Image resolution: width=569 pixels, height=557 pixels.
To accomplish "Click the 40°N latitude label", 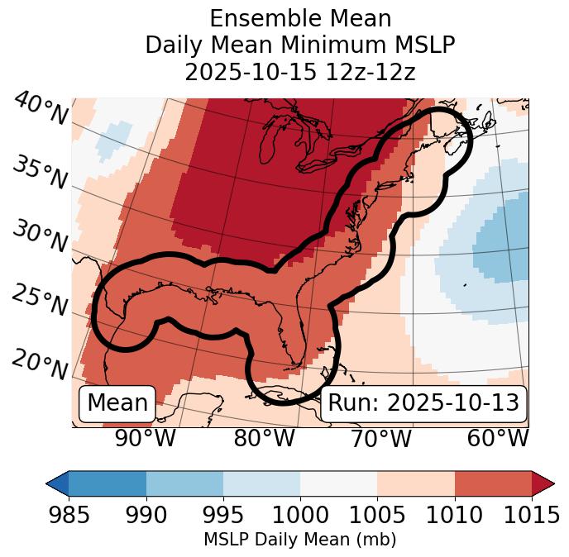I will point(40,110).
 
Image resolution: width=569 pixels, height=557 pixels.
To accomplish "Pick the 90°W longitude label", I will point(145,439).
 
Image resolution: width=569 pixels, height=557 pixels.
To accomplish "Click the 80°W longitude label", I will point(264,439).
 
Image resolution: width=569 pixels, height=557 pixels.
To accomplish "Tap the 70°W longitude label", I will point(380,439).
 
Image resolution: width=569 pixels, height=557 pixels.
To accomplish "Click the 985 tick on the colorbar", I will point(69,515).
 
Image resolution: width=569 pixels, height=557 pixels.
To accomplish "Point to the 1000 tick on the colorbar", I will point(300,515).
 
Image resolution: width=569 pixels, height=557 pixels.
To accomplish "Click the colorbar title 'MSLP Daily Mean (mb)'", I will point(299,540).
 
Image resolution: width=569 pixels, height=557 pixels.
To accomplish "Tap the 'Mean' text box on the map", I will point(117,403).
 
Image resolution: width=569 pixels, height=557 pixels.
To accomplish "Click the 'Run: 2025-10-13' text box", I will point(423,403).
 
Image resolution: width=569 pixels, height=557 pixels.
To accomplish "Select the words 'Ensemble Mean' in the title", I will point(299,18).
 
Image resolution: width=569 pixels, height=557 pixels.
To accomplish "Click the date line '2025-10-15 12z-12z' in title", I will point(299,72).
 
